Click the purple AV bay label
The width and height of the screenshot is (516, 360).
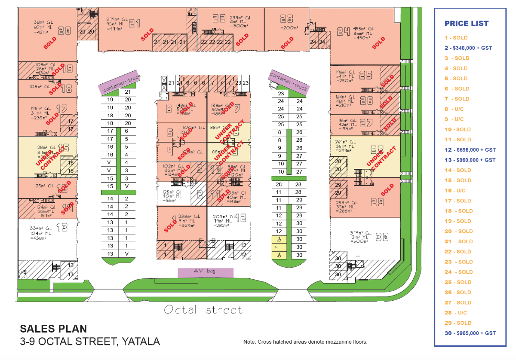(206, 272)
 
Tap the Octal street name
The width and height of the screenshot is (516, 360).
(203, 309)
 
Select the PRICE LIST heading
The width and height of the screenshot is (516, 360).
(467, 24)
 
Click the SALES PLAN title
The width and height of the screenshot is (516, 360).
(53, 329)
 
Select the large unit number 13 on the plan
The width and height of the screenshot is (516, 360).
(62, 227)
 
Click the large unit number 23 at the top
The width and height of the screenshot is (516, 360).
(286, 18)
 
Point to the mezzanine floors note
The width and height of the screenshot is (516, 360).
(305, 342)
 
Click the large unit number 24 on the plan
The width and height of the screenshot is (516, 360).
(343, 31)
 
